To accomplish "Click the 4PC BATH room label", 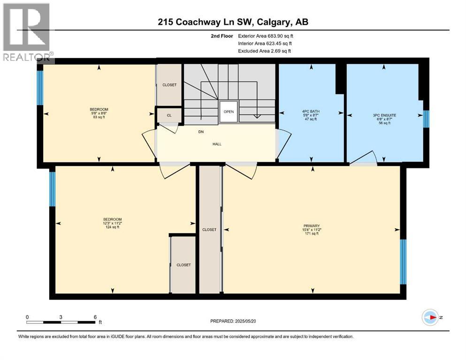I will [309, 112].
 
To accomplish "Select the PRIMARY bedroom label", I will [311, 226].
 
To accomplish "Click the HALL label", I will [216, 144].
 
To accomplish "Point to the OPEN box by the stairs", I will [229, 112].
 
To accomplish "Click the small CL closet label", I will [169, 115].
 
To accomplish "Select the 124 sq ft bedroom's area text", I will [112, 227].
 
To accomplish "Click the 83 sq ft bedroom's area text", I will [99, 117].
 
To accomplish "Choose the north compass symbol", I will [430, 317].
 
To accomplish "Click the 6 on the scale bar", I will [95, 317].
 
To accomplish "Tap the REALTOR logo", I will [27, 33].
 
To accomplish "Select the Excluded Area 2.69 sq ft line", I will [264, 51].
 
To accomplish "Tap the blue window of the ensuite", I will [426, 119].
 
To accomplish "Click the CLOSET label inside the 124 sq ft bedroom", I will [183, 265].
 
